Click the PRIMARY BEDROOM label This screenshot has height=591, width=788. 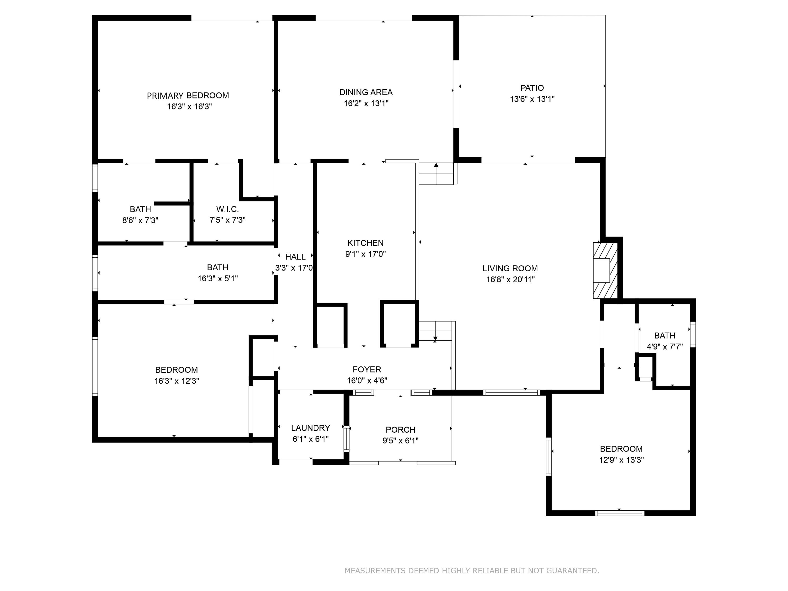click(188, 95)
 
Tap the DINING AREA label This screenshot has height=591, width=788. click(366, 92)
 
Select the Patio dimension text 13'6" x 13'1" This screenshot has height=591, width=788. click(532, 99)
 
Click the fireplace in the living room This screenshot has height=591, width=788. click(605, 270)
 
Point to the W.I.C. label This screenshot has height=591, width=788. click(227, 209)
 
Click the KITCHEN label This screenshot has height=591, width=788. click(366, 243)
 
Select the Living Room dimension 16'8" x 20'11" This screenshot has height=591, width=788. click(510, 280)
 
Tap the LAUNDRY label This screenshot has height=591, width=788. click(310, 428)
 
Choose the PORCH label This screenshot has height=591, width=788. click(400, 430)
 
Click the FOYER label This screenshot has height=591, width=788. click(367, 369)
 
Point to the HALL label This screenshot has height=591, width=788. click(295, 257)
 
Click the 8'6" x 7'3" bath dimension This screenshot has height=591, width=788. click(140, 220)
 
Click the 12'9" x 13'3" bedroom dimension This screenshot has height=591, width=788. click(621, 460)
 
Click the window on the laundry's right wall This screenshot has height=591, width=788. click(346, 439)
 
